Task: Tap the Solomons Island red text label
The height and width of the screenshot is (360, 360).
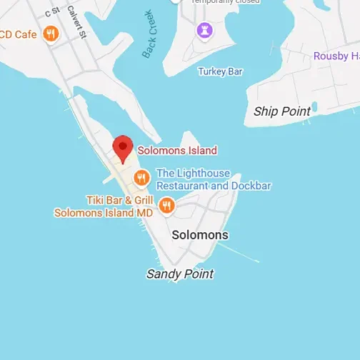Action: [176, 151]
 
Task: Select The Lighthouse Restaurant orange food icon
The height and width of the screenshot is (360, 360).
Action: [141, 178]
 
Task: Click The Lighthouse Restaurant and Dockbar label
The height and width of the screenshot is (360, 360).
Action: [214, 179]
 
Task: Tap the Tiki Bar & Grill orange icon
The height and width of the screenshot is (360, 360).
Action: [166, 206]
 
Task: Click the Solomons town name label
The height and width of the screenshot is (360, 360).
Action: [200, 234]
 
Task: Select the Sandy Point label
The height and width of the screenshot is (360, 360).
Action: [180, 274]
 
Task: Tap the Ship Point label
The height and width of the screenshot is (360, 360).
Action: [282, 111]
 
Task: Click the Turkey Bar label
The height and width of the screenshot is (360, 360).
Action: [221, 71]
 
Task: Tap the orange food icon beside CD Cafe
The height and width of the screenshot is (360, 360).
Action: [50, 33]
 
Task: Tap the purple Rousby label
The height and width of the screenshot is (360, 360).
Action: [336, 56]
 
